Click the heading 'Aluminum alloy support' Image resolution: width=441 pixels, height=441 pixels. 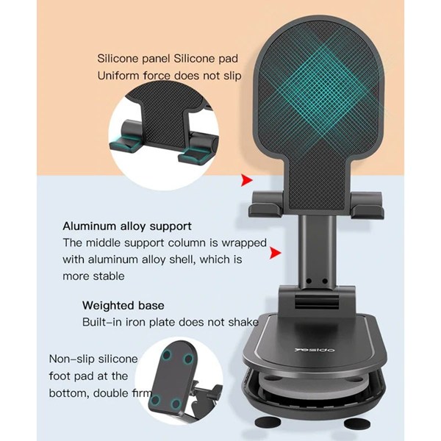(127, 226)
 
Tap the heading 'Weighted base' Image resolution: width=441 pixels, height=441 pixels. (123, 306)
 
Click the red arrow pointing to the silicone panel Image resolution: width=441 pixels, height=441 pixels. (247, 180)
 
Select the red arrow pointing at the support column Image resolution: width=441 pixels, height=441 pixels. (275, 253)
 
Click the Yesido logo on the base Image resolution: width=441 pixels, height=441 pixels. (315, 350)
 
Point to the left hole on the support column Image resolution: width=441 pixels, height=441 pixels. (309, 281)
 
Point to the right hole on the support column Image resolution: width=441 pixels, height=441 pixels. (325, 281)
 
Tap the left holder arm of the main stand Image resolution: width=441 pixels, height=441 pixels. (266, 204)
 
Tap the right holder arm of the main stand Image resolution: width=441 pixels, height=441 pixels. (367, 205)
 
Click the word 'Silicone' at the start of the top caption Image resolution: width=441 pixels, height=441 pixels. (118, 59)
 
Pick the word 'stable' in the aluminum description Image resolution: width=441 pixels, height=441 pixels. (109, 276)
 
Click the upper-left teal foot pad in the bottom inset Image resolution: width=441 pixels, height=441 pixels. (167, 355)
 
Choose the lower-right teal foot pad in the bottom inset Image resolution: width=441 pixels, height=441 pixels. (176, 404)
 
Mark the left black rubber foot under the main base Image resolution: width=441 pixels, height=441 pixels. (268, 422)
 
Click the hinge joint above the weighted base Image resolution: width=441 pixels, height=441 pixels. (316, 301)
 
